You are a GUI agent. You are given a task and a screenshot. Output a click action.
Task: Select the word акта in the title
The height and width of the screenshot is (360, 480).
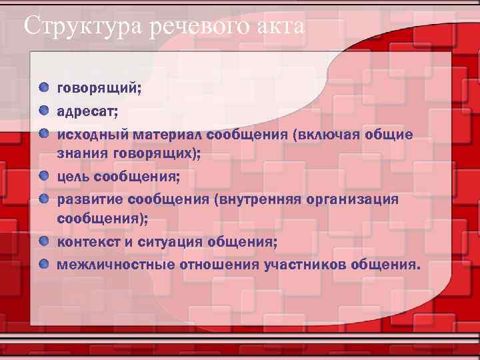(x=280, y=27)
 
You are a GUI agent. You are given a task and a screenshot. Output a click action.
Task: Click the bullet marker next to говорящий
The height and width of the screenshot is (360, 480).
(x=43, y=87)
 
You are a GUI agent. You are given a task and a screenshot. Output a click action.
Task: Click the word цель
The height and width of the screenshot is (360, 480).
(x=73, y=178)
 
